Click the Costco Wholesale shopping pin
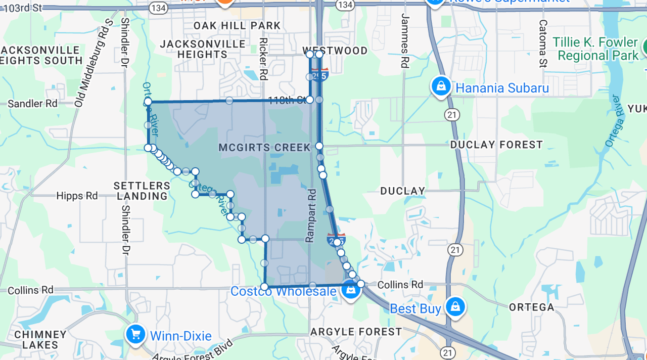click(350, 290)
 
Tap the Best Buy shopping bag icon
click(455, 306)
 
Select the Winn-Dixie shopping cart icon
click(135, 334)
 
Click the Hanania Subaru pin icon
click(441, 86)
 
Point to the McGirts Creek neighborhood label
click(265, 148)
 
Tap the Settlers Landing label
click(142, 191)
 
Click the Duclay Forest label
click(496, 145)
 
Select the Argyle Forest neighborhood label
click(356, 332)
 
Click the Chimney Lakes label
click(40, 339)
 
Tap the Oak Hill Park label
click(237, 25)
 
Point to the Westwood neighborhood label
click(335, 51)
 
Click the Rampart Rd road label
click(311, 215)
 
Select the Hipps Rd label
click(77, 196)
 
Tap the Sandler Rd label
click(32, 103)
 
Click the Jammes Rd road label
click(404, 40)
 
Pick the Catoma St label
click(543, 43)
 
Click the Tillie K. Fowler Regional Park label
click(595, 49)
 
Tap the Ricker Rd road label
click(263, 59)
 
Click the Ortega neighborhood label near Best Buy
click(531, 307)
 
